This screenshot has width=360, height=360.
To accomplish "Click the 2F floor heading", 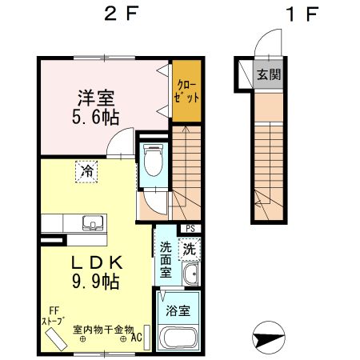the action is click(122, 14).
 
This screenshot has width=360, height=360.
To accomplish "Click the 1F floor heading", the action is click(302, 14).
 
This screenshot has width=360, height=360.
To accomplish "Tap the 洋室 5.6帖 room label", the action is click(96, 107).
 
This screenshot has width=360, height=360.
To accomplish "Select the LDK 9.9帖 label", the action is click(96, 272).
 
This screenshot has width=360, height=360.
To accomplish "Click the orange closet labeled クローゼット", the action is click(186, 91).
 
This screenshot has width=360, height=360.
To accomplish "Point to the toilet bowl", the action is click(153, 160).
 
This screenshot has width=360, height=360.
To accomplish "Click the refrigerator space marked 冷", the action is click(86, 171).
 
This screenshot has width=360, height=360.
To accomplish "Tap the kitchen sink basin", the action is click(93, 223).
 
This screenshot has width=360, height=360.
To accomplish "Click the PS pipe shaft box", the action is click(190, 229).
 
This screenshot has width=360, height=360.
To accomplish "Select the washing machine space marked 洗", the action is click(190, 249).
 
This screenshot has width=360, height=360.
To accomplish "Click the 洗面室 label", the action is click(166, 260).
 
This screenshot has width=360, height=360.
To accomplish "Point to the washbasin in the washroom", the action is click(190, 274).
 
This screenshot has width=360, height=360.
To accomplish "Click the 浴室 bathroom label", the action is click(178, 310).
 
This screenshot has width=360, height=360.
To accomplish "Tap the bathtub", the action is click(178, 337).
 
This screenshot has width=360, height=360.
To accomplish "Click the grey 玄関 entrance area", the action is click(269, 74).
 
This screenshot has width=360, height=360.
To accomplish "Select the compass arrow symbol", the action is click(268, 338).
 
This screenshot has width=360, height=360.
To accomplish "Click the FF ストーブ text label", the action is click(54, 316).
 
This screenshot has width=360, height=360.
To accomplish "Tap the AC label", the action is click(137, 338).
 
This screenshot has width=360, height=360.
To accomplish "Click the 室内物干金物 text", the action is click(103, 330).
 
